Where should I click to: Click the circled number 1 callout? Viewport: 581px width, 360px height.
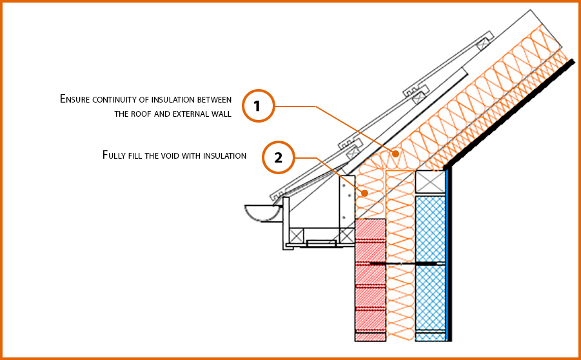point(258,106)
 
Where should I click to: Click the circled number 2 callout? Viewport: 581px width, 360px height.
point(279,158)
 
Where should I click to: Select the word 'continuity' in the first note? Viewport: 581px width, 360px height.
point(127,99)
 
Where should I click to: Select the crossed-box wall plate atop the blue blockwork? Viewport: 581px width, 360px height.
point(430,183)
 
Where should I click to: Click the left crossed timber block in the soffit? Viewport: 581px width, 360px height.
point(298,235)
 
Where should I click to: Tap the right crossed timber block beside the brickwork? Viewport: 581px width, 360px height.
point(347,235)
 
